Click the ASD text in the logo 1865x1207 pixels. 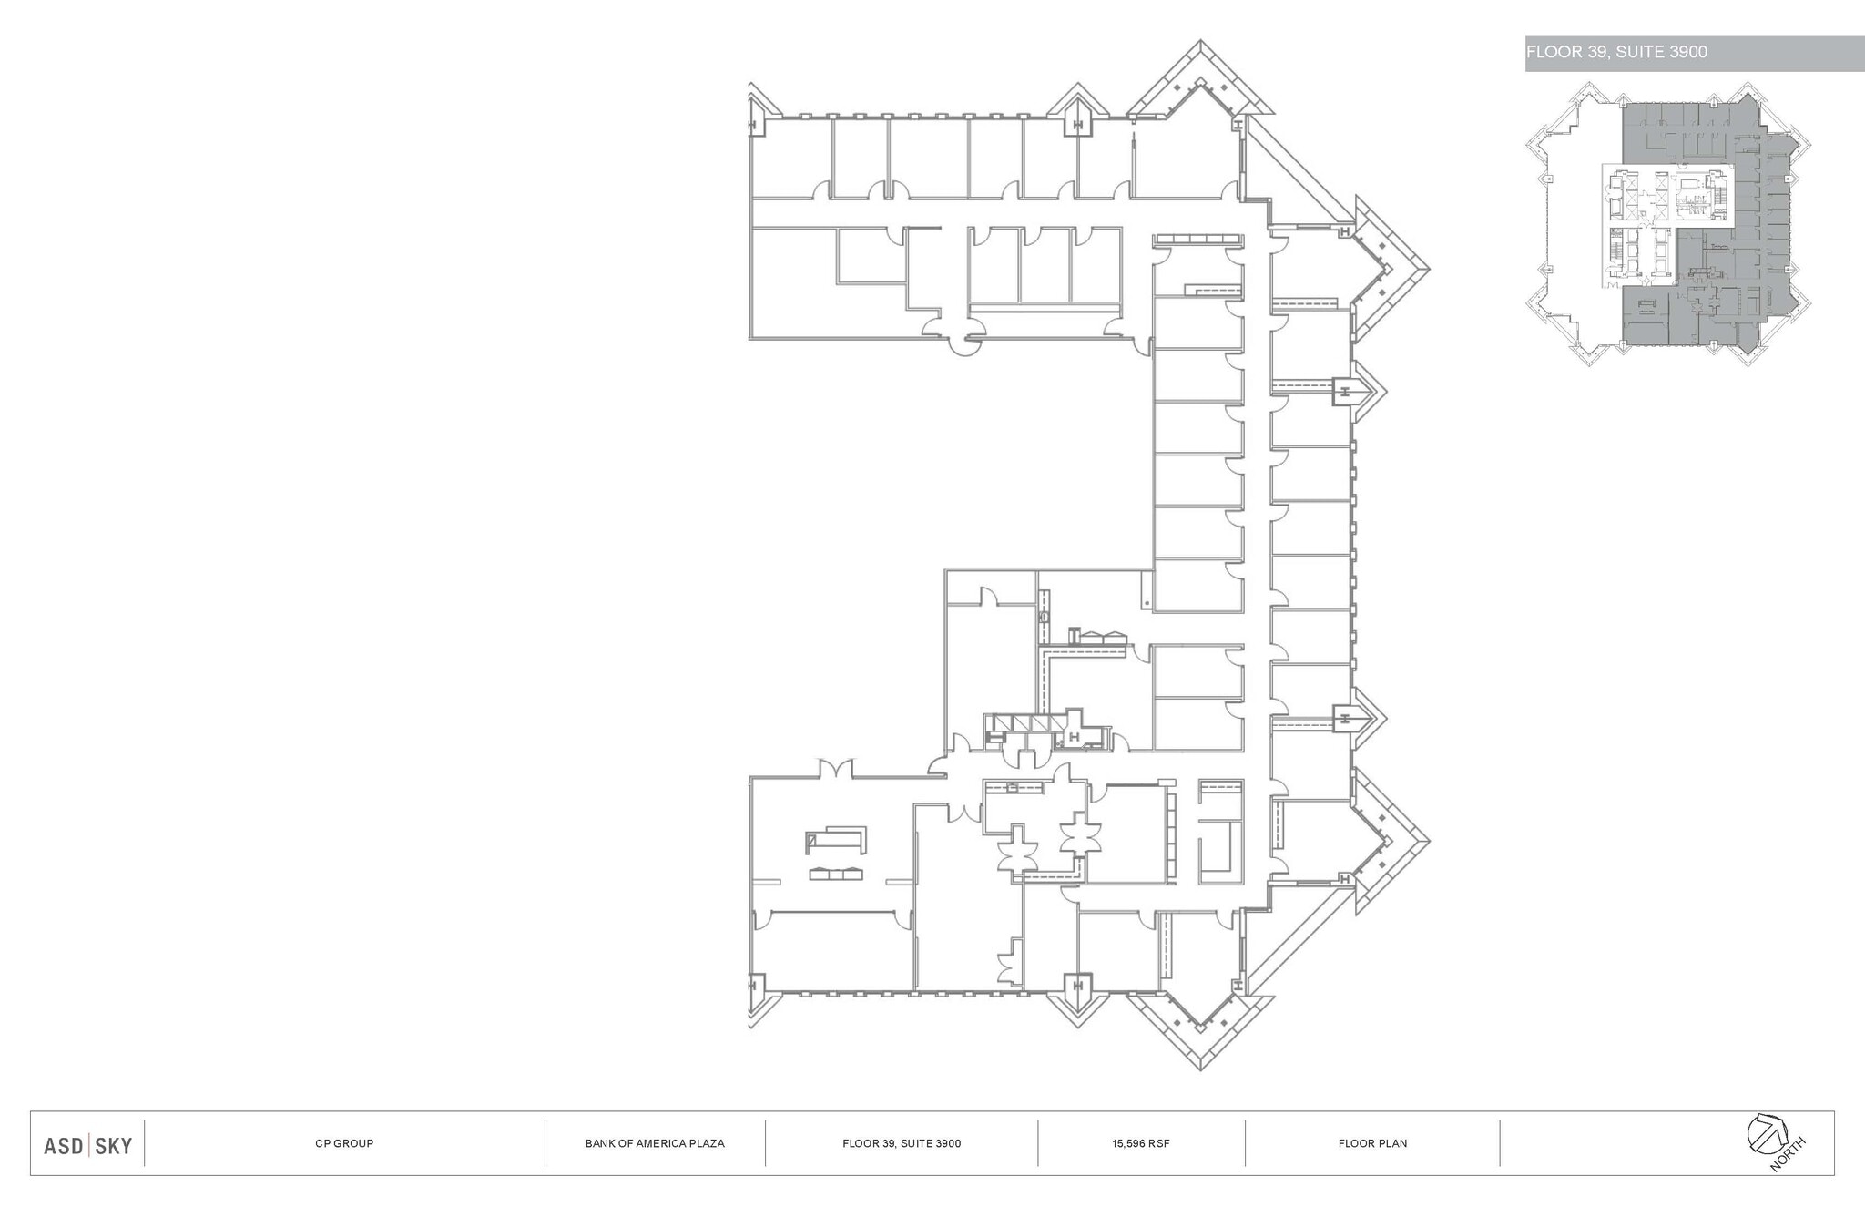click(x=64, y=1145)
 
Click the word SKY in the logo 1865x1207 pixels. click(x=114, y=1145)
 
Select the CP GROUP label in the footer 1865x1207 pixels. click(x=344, y=1143)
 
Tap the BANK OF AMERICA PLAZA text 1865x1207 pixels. click(x=655, y=1143)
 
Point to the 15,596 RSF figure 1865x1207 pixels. click(x=1140, y=1143)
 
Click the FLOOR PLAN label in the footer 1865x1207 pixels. click(x=1372, y=1143)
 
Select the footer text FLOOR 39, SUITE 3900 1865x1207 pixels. click(x=902, y=1143)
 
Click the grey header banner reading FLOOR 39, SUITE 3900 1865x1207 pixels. click(x=1694, y=53)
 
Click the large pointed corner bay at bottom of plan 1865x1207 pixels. click(x=1200, y=1029)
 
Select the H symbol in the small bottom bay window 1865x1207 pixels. click(x=1077, y=986)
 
